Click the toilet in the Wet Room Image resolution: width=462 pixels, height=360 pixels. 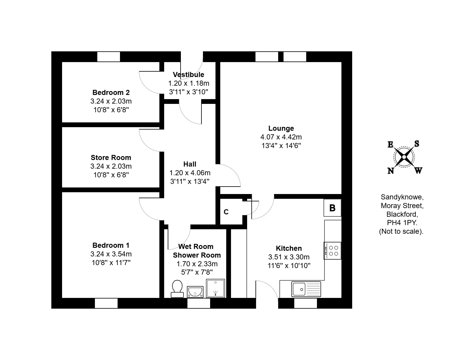tap(177, 289)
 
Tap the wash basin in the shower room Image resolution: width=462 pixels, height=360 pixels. tap(195, 292)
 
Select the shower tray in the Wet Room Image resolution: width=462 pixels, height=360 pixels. tap(215, 288)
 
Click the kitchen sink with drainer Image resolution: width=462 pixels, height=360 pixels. tap(306, 289)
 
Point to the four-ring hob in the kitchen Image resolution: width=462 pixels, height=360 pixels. tap(332, 251)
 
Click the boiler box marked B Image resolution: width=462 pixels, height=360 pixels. tap(332, 208)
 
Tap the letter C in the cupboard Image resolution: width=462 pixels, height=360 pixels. tap(226, 212)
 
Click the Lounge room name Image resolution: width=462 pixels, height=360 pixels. tap(281, 128)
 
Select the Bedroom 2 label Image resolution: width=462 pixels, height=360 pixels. tap(111, 93)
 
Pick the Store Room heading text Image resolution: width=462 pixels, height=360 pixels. tap(111, 158)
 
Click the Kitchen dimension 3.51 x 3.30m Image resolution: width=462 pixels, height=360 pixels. tap(289, 257)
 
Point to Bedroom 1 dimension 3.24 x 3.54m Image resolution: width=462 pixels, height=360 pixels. tap(111, 254)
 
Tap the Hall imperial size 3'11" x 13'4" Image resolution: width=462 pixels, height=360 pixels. tap(190, 181)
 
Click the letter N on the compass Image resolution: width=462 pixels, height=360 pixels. tap(391, 171)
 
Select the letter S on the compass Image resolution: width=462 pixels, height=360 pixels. tap(417, 144)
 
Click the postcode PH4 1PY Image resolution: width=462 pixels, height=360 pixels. tap(402, 223)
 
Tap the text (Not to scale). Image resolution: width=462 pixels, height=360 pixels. tap(401, 231)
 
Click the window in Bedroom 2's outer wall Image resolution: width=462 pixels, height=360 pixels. tap(109, 57)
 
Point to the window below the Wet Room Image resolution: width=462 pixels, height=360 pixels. tap(198, 303)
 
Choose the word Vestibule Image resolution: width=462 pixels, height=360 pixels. tap(188, 75)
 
